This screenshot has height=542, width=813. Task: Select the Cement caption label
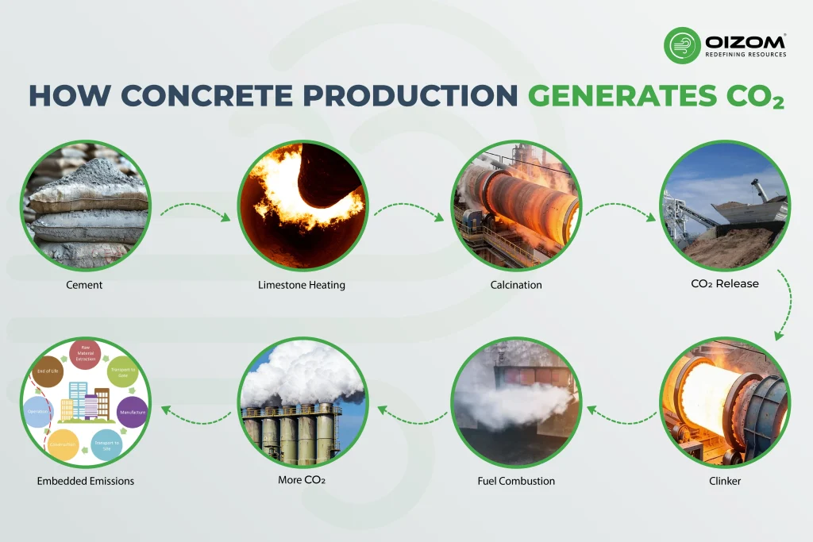coord(85,285)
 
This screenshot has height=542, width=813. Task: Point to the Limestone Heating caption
coord(302,285)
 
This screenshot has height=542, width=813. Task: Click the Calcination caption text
coord(516,285)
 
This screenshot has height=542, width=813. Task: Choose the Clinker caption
coord(725,481)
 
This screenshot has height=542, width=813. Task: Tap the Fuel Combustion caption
coord(516,481)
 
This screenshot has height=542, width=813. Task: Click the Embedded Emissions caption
coord(85,481)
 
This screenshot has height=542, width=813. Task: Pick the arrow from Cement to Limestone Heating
coord(195,213)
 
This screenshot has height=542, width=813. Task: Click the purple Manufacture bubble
coord(132,413)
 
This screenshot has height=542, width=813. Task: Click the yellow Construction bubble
coord(64,444)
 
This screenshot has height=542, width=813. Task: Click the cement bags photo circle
coord(85,205)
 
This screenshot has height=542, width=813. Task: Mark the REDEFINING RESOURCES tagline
coord(746,55)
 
